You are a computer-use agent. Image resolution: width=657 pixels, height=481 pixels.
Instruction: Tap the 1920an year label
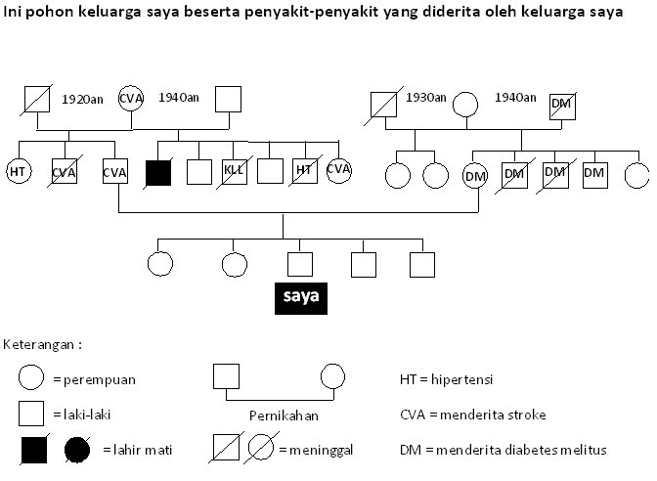tap(82, 99)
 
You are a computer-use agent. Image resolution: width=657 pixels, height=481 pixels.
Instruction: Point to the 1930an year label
tap(426, 98)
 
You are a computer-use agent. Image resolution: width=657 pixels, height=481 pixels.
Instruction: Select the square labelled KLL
tap(235, 172)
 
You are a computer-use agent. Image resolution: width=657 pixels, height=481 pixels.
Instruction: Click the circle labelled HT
tap(18, 172)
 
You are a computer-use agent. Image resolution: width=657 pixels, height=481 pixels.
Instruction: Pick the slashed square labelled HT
tap(304, 172)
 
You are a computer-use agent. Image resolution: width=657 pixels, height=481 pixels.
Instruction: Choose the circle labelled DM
tap(475, 175)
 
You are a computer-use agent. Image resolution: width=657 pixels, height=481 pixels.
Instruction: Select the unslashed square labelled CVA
tap(115, 173)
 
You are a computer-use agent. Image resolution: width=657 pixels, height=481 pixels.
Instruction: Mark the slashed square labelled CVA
tap(65, 173)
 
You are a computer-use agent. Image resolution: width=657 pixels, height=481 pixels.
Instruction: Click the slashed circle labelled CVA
tap(338, 170)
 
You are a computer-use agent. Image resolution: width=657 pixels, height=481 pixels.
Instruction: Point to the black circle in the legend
tap(78, 450)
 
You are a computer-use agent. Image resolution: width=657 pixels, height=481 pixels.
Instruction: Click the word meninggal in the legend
tap(317, 450)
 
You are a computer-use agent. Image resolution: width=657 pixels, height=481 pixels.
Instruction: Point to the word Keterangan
tap(39, 345)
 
